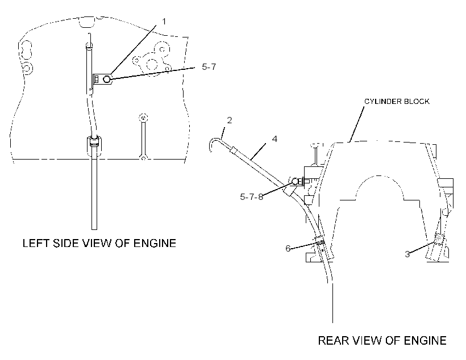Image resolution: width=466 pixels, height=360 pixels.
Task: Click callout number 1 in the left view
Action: coord(164,22)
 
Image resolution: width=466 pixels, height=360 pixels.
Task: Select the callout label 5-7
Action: coord(209,67)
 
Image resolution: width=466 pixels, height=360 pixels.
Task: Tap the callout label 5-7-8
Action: coord(251,197)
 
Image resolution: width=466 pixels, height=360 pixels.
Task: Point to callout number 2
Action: coord(229,120)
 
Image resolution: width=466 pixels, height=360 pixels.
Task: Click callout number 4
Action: coord(274,139)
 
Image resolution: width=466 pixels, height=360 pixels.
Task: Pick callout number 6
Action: coord(288,248)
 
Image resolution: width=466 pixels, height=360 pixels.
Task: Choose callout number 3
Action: coord(407,254)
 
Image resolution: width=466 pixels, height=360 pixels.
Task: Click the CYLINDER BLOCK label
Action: coord(397,101)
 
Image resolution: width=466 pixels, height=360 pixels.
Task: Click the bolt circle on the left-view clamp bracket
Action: coord(107,79)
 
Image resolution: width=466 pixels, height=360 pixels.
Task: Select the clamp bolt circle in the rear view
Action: coord(295,181)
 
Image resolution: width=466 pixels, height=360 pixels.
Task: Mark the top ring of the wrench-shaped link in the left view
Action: coord(143,118)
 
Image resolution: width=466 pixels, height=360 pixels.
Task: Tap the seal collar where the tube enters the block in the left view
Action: coord(94,142)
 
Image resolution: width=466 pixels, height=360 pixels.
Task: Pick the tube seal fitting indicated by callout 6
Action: coord(319,240)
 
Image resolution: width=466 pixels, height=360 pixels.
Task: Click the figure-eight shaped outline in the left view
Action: coord(26,49)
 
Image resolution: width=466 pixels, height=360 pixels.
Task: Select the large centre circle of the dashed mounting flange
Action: coord(152,64)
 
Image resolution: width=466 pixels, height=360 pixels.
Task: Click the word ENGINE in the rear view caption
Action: coord(425,340)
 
